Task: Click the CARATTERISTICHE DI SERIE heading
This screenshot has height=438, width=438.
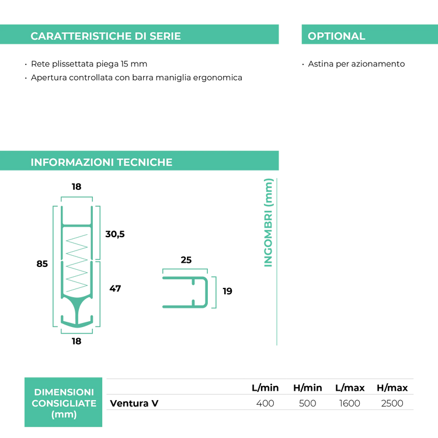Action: [x=106, y=36]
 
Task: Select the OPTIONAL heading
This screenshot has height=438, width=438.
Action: [x=336, y=36]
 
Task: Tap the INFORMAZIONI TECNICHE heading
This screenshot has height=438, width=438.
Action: [x=102, y=162]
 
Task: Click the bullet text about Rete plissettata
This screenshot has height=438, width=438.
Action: [x=89, y=64]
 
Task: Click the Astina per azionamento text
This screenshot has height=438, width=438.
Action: [x=356, y=64]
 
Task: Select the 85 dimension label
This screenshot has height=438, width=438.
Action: [x=42, y=264]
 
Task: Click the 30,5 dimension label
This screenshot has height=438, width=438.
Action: [x=115, y=234]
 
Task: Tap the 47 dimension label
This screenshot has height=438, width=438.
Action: [x=115, y=288]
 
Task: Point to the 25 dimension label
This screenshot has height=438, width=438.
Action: [x=186, y=260]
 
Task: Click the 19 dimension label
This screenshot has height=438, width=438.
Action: [x=227, y=291]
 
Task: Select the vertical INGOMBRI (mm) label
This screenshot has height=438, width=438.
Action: [x=268, y=223]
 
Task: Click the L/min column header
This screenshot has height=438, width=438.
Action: [x=265, y=388]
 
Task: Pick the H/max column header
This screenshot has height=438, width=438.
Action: [x=392, y=388]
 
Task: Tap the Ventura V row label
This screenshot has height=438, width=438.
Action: [x=134, y=404]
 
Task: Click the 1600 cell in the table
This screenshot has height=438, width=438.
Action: [x=349, y=404]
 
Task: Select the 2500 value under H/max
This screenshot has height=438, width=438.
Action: [x=392, y=404]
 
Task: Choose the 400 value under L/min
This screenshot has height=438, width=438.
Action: [x=265, y=404]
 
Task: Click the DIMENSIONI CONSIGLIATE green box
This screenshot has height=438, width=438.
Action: [x=64, y=402]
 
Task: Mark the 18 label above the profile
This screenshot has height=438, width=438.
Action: [x=77, y=187]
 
